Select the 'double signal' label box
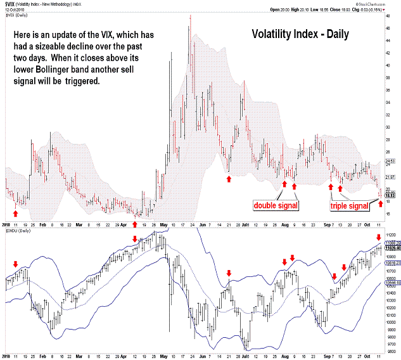point(276,205)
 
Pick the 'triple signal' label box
point(350,206)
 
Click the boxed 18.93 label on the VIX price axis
point(391,196)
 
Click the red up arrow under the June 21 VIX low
point(229,180)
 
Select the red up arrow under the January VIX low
point(15,204)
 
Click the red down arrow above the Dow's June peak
point(229,273)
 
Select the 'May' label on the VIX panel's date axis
point(163,224)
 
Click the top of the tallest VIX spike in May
point(190,15)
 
